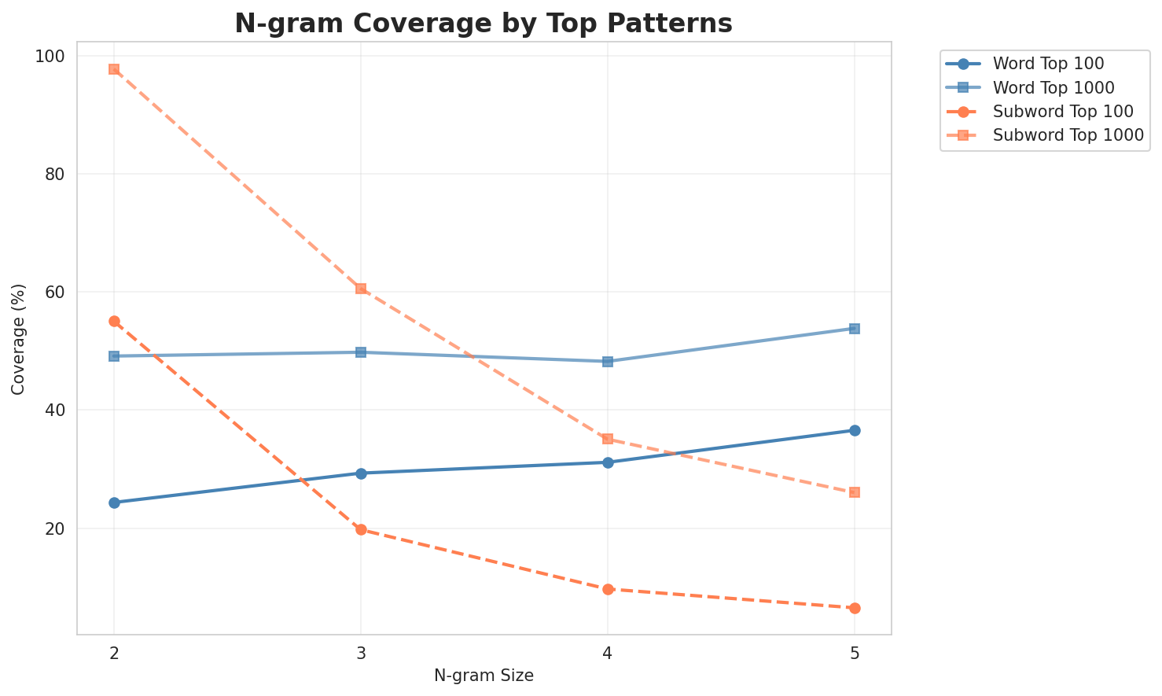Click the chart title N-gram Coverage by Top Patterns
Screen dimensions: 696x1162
[x=484, y=24]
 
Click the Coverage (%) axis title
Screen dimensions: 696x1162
[x=18, y=338]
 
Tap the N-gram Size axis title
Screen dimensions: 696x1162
[x=484, y=676]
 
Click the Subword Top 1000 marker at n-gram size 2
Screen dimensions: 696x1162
[x=114, y=69]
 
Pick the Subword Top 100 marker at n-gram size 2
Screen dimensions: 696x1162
[x=114, y=321]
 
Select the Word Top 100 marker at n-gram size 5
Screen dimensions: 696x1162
[x=855, y=430]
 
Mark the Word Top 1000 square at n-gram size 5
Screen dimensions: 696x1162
[x=855, y=329]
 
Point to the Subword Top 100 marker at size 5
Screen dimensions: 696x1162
[x=855, y=608]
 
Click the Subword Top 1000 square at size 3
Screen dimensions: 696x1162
[x=361, y=289]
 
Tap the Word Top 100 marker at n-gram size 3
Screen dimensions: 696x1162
[x=361, y=473]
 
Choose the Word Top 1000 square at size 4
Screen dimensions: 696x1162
[x=608, y=362]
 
